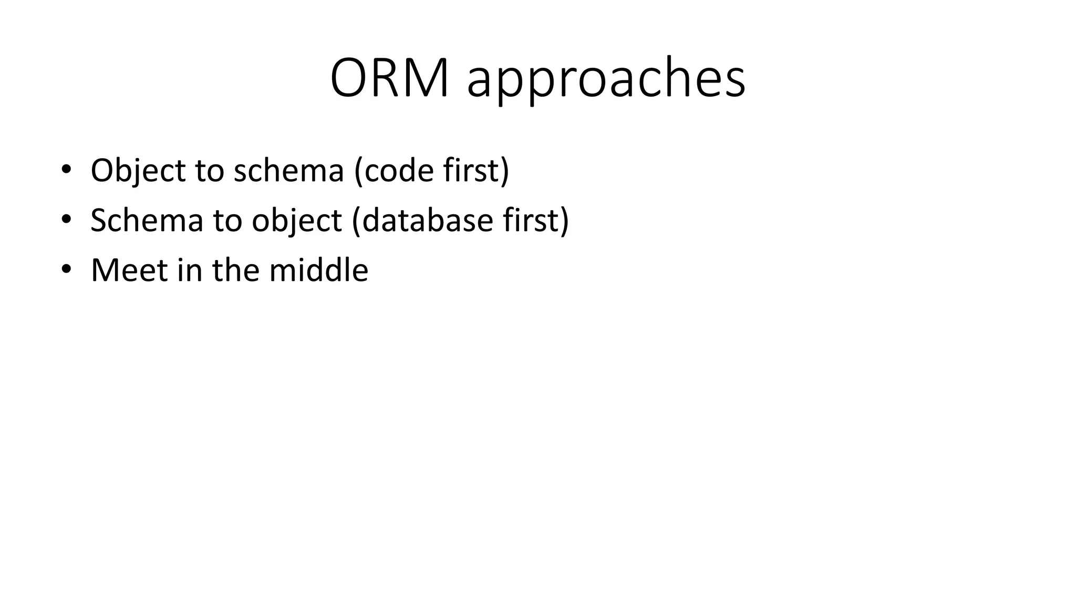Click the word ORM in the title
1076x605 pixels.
tap(389, 79)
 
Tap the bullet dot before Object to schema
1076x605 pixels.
tap(66, 170)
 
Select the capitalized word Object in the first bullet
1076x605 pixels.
tap(138, 171)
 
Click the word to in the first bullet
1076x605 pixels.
tap(210, 171)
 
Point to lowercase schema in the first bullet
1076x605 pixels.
tap(288, 171)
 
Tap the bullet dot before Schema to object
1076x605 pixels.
tap(66, 220)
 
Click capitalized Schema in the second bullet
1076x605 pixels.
tap(147, 221)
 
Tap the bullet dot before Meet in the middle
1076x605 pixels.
tap(66, 269)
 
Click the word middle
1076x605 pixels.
tap(318, 270)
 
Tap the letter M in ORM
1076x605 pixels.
tap(425, 79)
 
